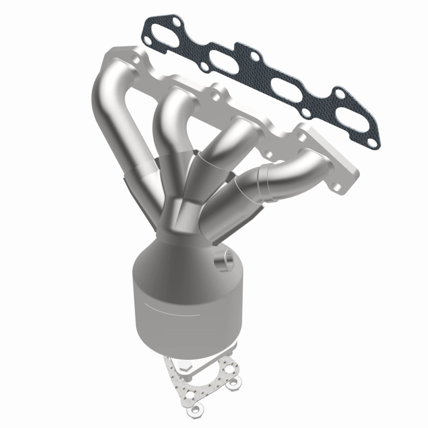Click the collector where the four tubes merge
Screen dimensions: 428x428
(182, 214)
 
